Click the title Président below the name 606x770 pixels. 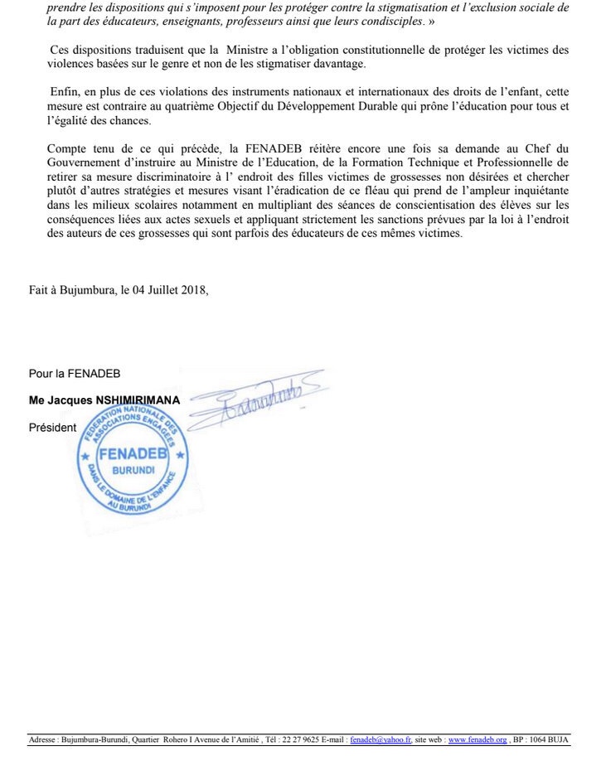click(x=52, y=428)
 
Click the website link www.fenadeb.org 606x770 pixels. click(x=478, y=739)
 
